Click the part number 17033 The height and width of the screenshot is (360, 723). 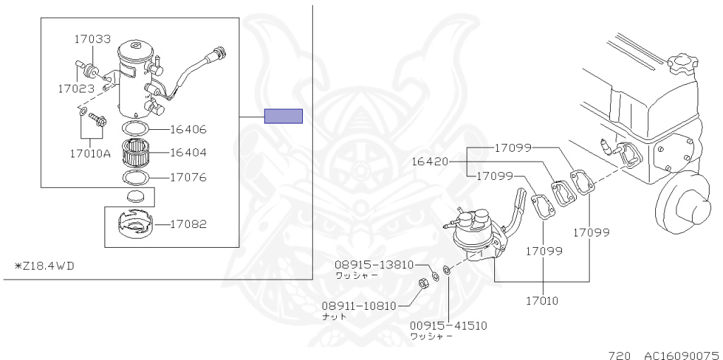(92, 40)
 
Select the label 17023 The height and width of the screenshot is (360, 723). (76, 88)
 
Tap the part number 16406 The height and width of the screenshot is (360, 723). (188, 129)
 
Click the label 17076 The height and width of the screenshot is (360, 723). (188, 177)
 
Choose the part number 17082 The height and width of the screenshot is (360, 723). (188, 224)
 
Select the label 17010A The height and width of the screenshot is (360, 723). (90, 154)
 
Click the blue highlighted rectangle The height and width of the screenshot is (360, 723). (283, 116)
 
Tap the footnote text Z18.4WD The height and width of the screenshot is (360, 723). (44, 266)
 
